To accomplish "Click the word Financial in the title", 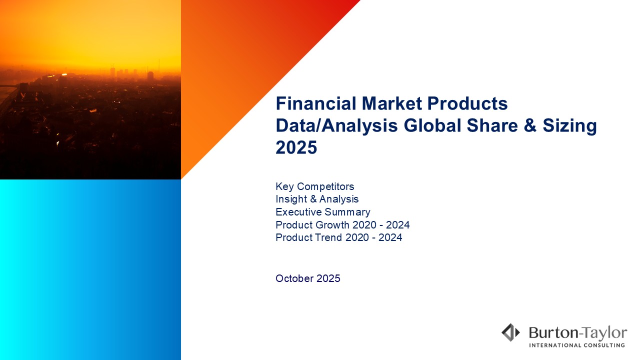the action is (x=316, y=103).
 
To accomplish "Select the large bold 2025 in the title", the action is (x=296, y=147).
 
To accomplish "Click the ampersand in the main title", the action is (x=530, y=125).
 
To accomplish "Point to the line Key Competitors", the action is (x=315, y=186).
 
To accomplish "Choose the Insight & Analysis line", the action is (x=317, y=199).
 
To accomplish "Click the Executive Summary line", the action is (x=323, y=212).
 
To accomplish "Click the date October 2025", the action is (x=308, y=278).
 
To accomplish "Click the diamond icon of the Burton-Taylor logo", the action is (x=511, y=332).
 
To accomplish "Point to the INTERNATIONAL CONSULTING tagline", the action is (x=577, y=345).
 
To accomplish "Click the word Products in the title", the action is (x=467, y=103).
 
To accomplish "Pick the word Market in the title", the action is (x=391, y=103).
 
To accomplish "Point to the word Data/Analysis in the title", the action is (x=336, y=126).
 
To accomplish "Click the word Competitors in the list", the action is (x=325, y=186).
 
